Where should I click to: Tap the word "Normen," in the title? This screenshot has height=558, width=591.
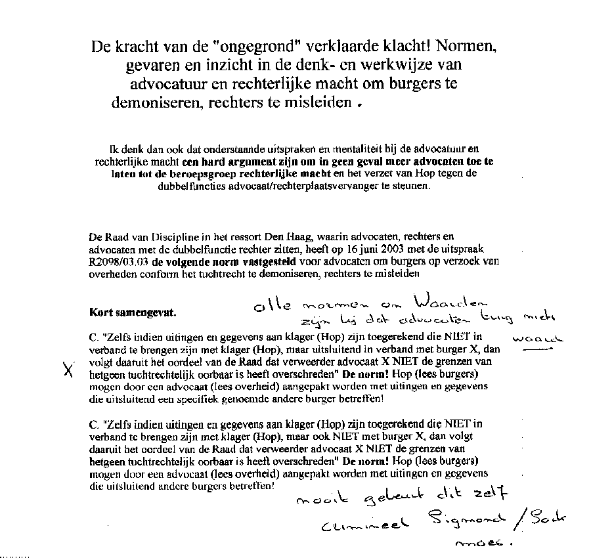pos(466,48)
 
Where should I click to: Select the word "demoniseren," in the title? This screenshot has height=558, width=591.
pos(153,103)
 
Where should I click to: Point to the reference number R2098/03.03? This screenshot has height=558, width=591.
pos(118,261)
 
